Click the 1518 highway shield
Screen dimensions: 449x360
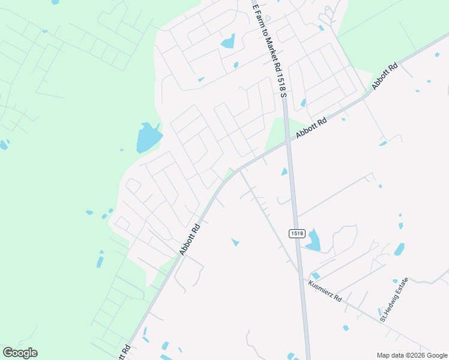[x=297, y=233]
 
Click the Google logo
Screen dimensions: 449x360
[x=20, y=353]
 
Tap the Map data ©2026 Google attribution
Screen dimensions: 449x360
[x=412, y=355]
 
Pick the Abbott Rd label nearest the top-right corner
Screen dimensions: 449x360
[x=385, y=76]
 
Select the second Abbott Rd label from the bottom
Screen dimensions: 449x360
[x=190, y=240]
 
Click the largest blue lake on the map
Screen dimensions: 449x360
[x=148, y=137]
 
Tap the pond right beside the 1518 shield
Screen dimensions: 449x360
[x=313, y=240]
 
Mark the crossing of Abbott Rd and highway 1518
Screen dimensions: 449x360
[x=289, y=142]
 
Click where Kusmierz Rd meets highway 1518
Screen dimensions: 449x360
[x=300, y=272]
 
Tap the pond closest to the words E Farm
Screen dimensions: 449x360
[x=228, y=41]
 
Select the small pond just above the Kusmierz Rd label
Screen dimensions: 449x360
[x=316, y=275]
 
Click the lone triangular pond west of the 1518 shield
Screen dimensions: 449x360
[x=235, y=242]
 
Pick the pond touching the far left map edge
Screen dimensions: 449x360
[x=4, y=145]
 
